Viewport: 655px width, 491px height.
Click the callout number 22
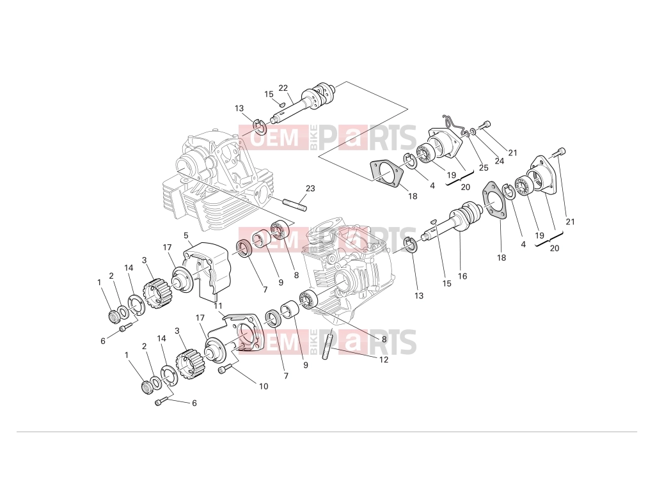pyautogui.click(x=283, y=88)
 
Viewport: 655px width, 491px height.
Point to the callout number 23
pyautogui.click(x=310, y=189)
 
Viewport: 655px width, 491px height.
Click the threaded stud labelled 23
pyautogui.click(x=294, y=205)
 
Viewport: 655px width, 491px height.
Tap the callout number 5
pyautogui.click(x=186, y=235)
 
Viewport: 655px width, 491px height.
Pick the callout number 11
pyautogui.click(x=218, y=306)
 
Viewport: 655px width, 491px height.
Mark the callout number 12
pyautogui.click(x=384, y=359)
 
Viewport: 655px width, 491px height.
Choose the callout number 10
pyautogui.click(x=264, y=386)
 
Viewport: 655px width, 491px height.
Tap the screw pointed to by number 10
pyautogui.click(x=225, y=369)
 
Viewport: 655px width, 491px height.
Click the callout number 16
pyautogui.click(x=462, y=276)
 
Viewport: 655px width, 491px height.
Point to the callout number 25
pyautogui.click(x=484, y=168)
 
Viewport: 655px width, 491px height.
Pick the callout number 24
pyautogui.click(x=499, y=160)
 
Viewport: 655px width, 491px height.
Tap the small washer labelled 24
pyautogui.click(x=473, y=132)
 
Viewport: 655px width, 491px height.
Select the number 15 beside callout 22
pyautogui.click(x=269, y=94)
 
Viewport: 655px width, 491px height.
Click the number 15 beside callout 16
pyautogui.click(x=447, y=283)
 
